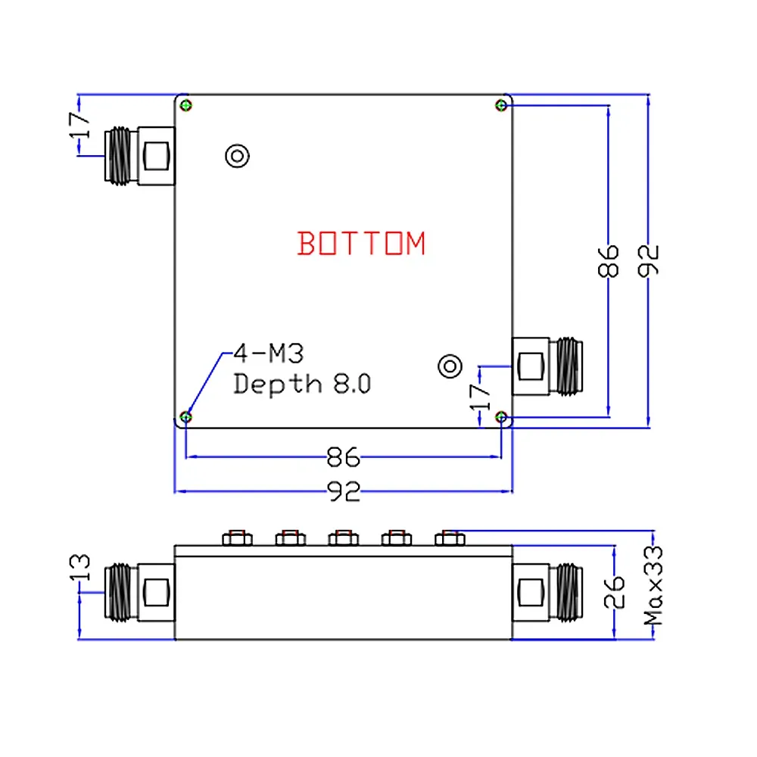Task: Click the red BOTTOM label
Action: pos(362,244)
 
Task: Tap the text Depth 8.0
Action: pos(302,383)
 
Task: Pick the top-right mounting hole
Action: pos(501,104)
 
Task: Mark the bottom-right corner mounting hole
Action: pos(501,417)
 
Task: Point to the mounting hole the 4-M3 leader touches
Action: pos(186,417)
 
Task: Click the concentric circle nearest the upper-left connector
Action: pos(238,156)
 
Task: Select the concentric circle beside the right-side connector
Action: pos(450,366)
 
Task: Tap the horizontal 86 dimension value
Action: pos(343,457)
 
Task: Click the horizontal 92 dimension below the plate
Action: pos(343,493)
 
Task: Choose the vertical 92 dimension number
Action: pos(650,260)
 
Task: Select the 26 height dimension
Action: pos(615,593)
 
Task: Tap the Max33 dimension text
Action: pos(653,585)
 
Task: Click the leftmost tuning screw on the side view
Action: pos(235,537)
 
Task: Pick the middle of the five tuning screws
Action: pos(343,537)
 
